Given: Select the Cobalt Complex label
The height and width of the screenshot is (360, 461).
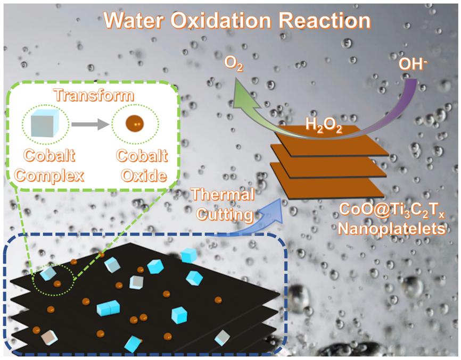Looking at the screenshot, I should click(49, 165).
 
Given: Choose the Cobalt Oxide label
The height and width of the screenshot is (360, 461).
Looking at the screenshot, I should click(135, 165).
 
